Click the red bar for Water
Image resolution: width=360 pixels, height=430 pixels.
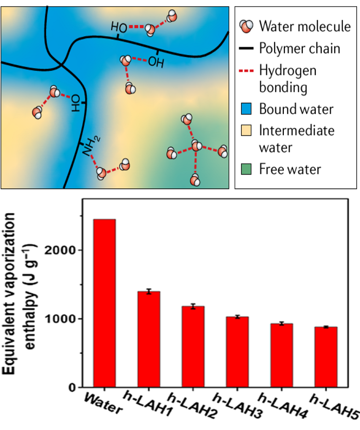click(x=104, y=303)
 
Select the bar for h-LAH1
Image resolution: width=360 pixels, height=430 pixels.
click(x=149, y=339)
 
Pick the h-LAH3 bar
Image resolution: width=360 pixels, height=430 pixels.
click(x=238, y=352)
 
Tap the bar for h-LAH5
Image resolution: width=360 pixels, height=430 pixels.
click(x=326, y=357)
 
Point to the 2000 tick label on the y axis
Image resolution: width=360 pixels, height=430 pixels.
click(x=60, y=250)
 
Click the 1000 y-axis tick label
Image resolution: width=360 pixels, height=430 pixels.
click(x=60, y=319)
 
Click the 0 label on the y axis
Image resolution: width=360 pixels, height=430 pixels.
click(x=72, y=387)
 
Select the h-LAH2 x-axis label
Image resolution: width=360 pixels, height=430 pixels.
click(x=192, y=405)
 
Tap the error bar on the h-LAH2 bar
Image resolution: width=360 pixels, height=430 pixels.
click(x=193, y=307)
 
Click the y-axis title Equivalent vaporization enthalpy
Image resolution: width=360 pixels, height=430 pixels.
click(x=19, y=293)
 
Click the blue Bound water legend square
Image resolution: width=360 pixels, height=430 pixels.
click(x=246, y=109)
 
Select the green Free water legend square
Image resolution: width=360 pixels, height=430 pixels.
click(x=246, y=169)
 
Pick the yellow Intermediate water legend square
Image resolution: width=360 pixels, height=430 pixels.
click(x=246, y=130)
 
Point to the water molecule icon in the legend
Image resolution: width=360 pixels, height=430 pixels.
click(x=246, y=26)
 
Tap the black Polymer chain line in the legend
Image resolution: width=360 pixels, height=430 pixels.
click(x=246, y=48)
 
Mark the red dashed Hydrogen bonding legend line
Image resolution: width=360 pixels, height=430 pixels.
click(x=246, y=71)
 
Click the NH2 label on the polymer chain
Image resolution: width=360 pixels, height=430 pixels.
click(x=92, y=146)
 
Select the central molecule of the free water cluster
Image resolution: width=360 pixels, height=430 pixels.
click(x=196, y=146)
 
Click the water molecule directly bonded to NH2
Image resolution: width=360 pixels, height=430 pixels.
click(x=101, y=173)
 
